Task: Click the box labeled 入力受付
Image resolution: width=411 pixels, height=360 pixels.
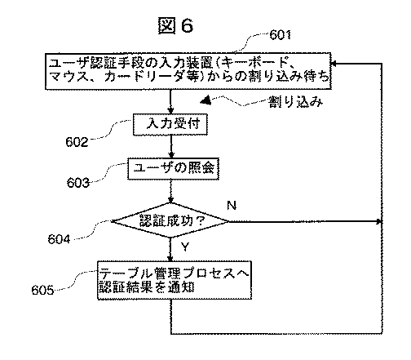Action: point(172,124)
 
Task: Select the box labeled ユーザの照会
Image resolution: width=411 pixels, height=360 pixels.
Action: point(172,169)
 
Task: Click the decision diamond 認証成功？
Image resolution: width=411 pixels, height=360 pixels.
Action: point(170,221)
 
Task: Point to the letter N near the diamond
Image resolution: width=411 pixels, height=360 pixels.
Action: point(231,205)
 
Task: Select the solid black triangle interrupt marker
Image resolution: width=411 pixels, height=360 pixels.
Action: point(205,100)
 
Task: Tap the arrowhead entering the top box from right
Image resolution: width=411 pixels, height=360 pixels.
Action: point(338,62)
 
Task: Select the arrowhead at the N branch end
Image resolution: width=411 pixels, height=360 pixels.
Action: point(378,221)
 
